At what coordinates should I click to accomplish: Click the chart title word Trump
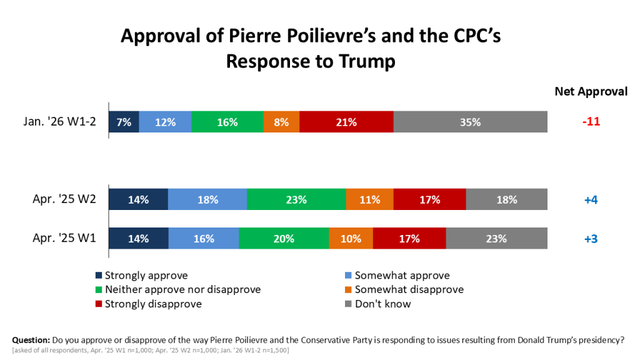point(367,61)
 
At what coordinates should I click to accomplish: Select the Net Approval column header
point(591,91)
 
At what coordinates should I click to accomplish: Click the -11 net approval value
point(591,122)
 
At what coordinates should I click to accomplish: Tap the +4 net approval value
point(591,200)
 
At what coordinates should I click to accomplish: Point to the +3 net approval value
point(591,238)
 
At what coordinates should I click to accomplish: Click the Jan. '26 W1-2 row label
point(61,122)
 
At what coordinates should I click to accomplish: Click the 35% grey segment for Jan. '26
point(470,122)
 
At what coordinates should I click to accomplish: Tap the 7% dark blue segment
point(124,122)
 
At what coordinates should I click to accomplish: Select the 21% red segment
point(346,122)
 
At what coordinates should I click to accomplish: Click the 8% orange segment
point(281,122)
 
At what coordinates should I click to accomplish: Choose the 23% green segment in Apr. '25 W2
point(296,200)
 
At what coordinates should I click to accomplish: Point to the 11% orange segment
point(369,200)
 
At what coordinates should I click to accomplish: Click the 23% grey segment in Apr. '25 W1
point(496,238)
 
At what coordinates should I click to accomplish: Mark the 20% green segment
point(284,238)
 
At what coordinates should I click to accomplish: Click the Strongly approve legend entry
point(146,276)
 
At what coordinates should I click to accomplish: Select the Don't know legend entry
point(382,304)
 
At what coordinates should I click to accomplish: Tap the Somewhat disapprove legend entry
point(409,290)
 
